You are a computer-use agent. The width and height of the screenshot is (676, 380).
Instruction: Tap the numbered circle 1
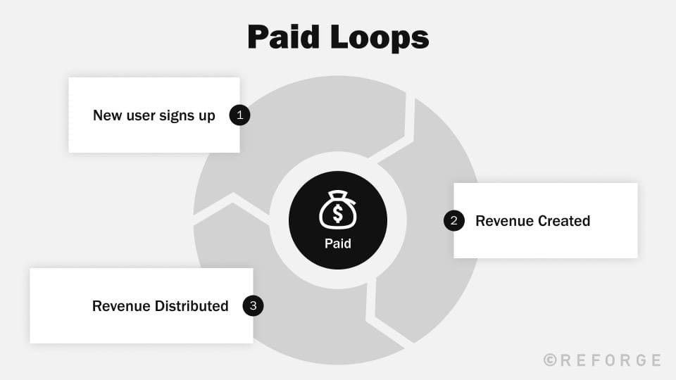click(x=240, y=115)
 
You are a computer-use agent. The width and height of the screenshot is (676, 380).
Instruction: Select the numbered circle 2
click(x=454, y=221)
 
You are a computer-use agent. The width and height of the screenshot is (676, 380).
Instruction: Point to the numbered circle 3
click(x=253, y=305)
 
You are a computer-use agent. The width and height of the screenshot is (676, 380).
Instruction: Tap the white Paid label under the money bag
click(x=338, y=244)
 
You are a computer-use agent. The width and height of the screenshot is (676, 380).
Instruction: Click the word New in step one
click(x=108, y=115)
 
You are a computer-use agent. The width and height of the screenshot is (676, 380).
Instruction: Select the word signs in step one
click(x=177, y=115)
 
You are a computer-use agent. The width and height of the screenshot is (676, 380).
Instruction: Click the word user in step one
click(x=141, y=115)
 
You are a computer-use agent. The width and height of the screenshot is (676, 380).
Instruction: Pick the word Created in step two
click(x=565, y=221)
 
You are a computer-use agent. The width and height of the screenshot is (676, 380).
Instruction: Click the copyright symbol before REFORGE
click(x=550, y=360)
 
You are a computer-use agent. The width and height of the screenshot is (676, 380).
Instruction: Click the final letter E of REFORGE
click(x=656, y=360)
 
